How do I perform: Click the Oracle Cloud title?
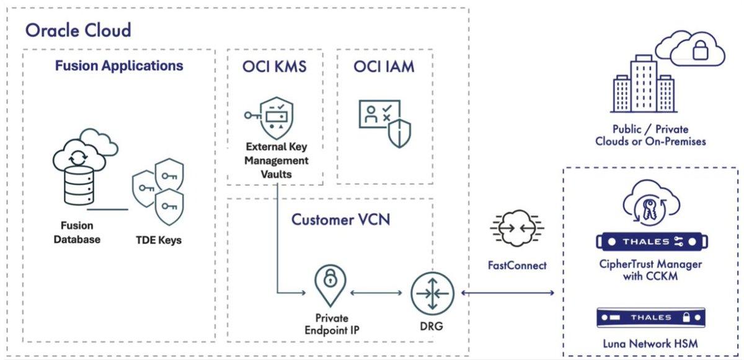[78, 29]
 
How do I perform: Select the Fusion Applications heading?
[119, 65]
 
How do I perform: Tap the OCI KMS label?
[275, 66]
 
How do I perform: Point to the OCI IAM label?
[384, 66]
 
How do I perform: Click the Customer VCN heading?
[340, 219]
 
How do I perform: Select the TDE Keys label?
[158, 239]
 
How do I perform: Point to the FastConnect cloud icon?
[516, 230]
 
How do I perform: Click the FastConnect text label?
[516, 265]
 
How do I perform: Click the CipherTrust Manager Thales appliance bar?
[653, 241]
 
